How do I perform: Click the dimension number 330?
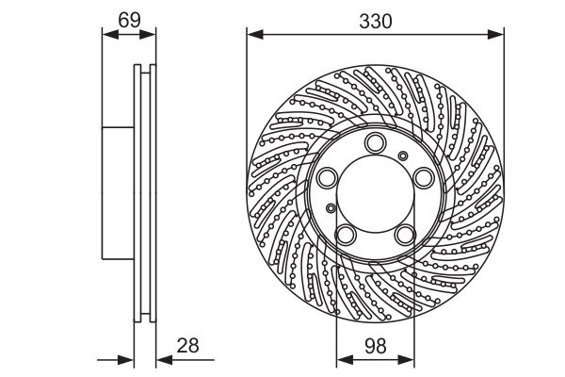[x=375, y=22]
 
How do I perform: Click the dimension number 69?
[x=129, y=20]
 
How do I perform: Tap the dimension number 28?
[x=187, y=345]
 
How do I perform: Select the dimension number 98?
[x=376, y=346]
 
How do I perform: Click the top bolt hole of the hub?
[x=375, y=143]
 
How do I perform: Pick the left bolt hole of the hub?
[x=328, y=178]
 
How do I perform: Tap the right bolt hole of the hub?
[x=424, y=178]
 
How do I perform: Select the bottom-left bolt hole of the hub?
[x=346, y=235]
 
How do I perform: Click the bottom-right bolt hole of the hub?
[x=405, y=235]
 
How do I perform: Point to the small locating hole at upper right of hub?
[x=403, y=156]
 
